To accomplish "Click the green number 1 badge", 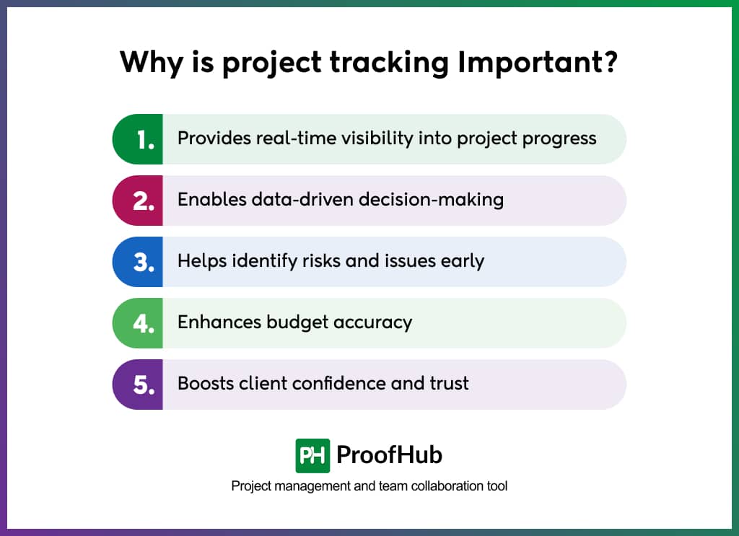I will (x=140, y=139).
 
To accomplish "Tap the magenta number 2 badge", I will (x=140, y=201).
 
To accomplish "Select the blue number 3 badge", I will (x=140, y=262).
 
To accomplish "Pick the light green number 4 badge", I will (x=140, y=323).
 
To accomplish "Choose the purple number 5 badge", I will (x=140, y=385).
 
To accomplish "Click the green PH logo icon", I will (x=312, y=455).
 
